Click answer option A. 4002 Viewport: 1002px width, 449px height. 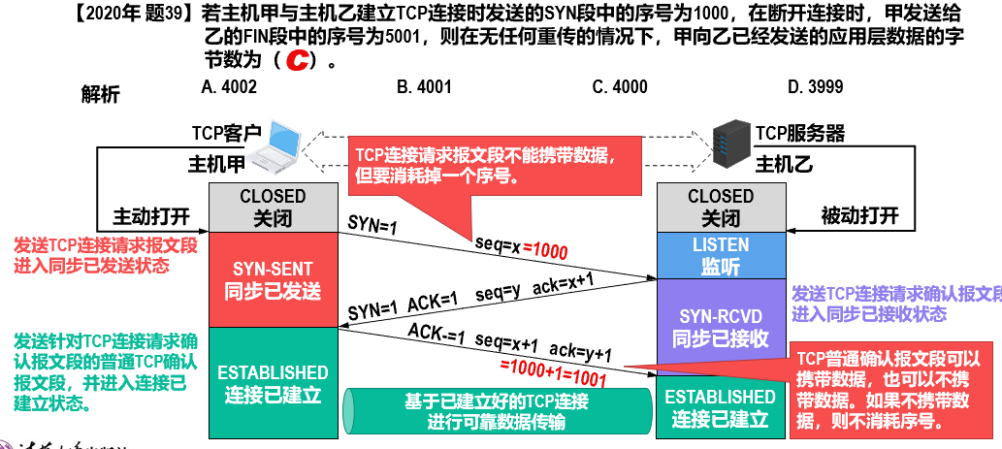click(x=229, y=87)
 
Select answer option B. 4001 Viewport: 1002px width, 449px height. click(x=424, y=87)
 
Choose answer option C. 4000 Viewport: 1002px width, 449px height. click(x=620, y=87)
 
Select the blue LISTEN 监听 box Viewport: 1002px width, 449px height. click(x=720, y=254)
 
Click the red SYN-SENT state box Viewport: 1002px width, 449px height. click(x=273, y=278)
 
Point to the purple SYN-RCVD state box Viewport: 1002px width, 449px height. click(x=720, y=327)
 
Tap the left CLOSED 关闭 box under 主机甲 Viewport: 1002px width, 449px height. click(x=273, y=208)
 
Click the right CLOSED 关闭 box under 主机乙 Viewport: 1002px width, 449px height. click(x=720, y=208)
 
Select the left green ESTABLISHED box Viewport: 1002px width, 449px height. click(x=273, y=383)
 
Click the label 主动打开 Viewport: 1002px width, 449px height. click(x=151, y=215)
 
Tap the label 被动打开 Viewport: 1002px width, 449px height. click(x=859, y=215)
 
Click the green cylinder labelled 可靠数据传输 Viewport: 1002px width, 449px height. click(x=496, y=410)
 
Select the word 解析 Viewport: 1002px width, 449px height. click(x=101, y=94)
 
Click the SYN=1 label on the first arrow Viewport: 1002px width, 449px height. click(x=372, y=225)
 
